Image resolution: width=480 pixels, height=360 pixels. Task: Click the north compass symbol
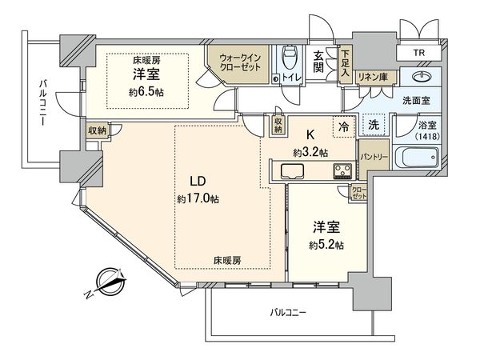[106, 282]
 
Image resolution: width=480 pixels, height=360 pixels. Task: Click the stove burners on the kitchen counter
[344, 170]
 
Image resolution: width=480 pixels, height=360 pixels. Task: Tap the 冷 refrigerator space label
[342, 126]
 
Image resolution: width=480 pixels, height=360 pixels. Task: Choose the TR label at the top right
[418, 54]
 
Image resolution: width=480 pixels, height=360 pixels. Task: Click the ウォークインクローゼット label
[238, 62]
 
